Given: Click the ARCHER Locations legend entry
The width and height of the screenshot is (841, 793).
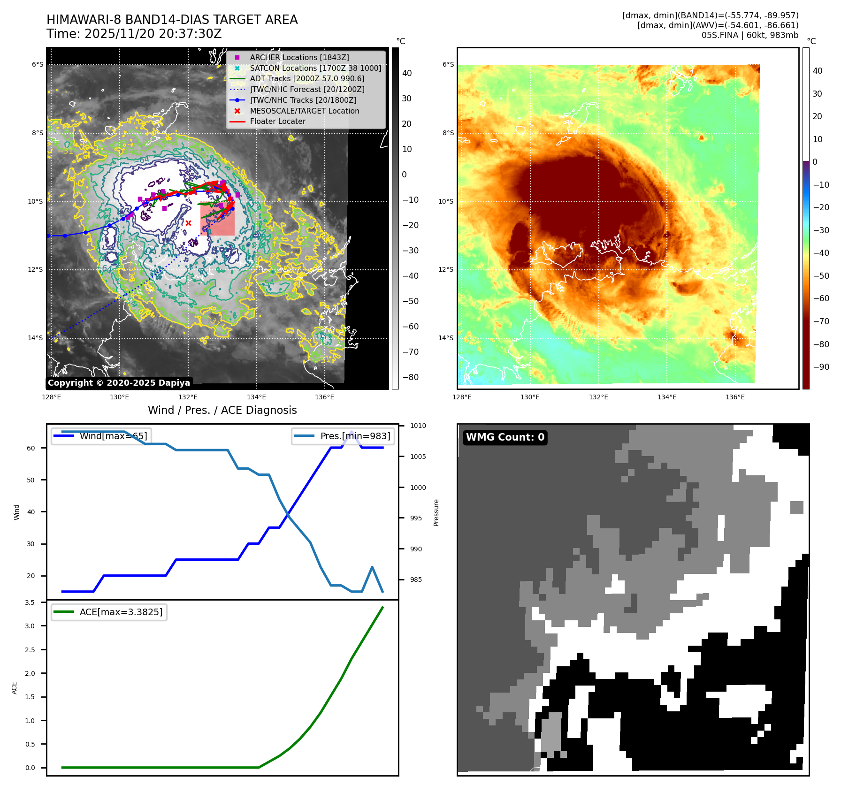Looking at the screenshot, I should coord(299,57).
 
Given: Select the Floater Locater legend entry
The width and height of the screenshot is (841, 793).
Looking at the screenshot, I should coord(277,121).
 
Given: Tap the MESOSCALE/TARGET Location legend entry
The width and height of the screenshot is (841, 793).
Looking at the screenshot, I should coord(304,111).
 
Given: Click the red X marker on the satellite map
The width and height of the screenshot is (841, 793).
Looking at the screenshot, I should coord(188,223).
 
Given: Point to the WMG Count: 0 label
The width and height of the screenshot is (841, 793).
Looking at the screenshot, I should coord(505,437).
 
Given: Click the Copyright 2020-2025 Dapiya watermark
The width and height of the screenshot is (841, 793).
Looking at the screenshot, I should coord(119,383).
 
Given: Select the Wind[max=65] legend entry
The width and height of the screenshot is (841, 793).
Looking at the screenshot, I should coord(113,436).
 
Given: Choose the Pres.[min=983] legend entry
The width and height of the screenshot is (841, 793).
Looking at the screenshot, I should coord(355,436).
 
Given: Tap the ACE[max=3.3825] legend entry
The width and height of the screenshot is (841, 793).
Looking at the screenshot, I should coord(121,612).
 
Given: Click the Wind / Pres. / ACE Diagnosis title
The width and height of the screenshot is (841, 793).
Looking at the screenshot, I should coord(222,410).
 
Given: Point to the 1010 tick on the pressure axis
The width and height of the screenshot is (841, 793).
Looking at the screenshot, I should coord(418,426).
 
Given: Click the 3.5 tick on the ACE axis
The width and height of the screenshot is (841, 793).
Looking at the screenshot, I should coord(30,602).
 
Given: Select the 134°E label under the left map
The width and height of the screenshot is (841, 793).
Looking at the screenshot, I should coord(256,397).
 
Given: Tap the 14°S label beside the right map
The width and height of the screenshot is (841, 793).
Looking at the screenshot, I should coord(446,338).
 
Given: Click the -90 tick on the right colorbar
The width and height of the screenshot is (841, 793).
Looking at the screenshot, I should coord(821,367).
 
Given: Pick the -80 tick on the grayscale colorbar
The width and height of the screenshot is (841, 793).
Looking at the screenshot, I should coord(410,377).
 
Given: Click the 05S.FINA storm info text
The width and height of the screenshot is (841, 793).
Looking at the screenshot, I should coord(749,35).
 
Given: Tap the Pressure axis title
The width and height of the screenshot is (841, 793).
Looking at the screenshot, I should coord(436,512).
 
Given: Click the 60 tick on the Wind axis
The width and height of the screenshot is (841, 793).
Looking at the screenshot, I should coord(31,448).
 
